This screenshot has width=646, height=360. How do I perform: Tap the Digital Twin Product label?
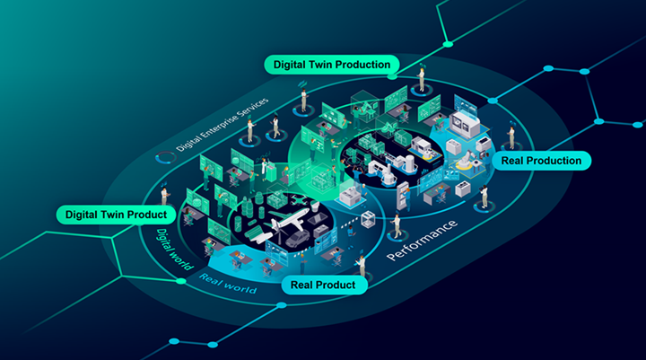pyautogui.click(x=116, y=215)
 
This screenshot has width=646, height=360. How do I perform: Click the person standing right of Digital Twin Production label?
pyautogui.click(x=421, y=75)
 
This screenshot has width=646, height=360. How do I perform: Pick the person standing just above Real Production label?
pyautogui.click(x=511, y=136)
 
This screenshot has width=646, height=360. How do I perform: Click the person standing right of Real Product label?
pyautogui.click(x=361, y=266)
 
